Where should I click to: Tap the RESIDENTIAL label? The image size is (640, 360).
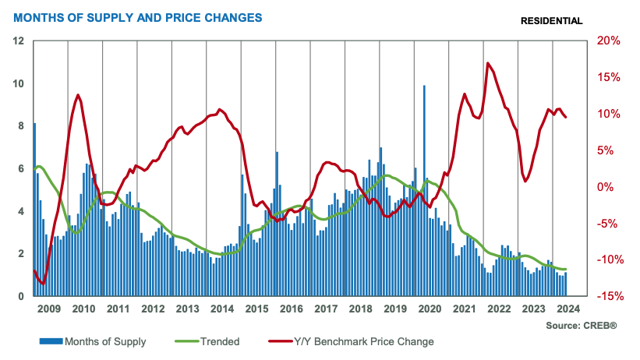[550, 21]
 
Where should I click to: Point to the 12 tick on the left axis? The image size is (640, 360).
[18, 41]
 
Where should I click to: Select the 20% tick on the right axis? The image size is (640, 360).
[607, 41]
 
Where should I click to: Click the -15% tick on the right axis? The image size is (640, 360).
[607, 296]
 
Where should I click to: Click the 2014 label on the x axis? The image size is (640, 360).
[222, 309]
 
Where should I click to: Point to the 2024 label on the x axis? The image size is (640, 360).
[566, 309]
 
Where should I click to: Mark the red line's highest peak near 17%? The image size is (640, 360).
[488, 64]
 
